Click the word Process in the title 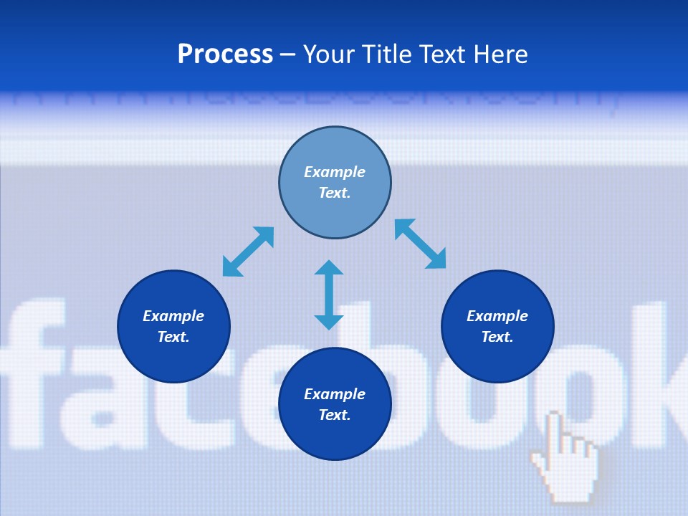click(x=225, y=54)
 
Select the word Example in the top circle click(x=335, y=172)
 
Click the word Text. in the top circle click(x=335, y=193)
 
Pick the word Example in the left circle click(x=173, y=316)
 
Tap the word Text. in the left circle click(x=173, y=337)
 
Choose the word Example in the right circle click(x=497, y=316)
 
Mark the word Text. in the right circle click(x=497, y=337)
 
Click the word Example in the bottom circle click(x=335, y=394)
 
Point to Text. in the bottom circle click(x=335, y=415)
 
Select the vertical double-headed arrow click(x=329, y=295)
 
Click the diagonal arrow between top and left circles click(x=248, y=252)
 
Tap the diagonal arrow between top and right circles click(x=420, y=244)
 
